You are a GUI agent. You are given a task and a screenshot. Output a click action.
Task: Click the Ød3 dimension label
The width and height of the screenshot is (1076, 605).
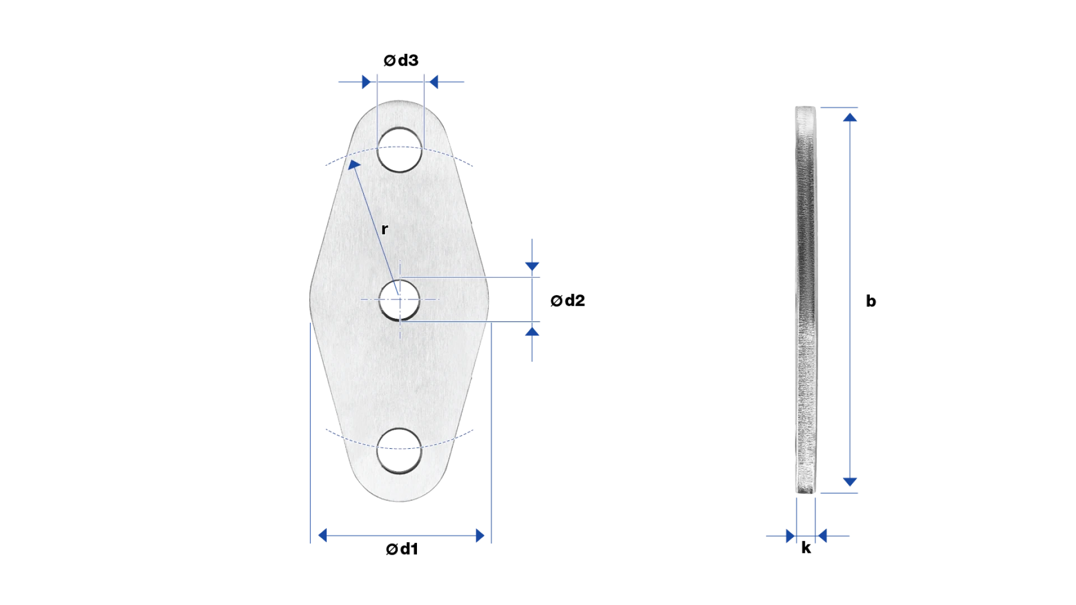click(401, 60)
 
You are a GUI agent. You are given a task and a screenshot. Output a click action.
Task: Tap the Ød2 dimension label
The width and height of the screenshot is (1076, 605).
click(568, 301)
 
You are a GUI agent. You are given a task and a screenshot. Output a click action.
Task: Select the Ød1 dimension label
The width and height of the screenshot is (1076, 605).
click(402, 549)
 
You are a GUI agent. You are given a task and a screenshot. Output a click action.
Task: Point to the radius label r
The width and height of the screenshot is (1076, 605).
click(384, 229)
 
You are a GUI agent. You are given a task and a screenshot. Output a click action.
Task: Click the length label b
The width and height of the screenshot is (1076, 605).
click(871, 301)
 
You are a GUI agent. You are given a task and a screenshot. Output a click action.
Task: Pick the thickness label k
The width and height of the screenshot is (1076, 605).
click(806, 547)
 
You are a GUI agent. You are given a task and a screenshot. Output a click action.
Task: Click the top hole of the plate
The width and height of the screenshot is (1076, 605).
click(400, 150)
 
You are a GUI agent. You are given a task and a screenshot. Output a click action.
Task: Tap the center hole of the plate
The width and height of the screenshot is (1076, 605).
click(399, 300)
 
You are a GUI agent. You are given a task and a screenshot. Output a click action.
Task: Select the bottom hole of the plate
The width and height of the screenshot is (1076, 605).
click(399, 451)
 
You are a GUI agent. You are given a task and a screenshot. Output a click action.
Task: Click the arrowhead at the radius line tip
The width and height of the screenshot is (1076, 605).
click(354, 165)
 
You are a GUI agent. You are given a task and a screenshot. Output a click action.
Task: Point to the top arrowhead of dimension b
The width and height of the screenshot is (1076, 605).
click(850, 117)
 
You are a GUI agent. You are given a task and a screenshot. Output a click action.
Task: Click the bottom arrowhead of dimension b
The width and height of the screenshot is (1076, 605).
click(850, 482)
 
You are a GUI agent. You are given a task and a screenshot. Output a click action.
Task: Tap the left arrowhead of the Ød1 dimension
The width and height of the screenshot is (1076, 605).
click(322, 536)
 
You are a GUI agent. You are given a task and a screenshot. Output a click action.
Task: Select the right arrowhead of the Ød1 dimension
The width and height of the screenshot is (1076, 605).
click(480, 536)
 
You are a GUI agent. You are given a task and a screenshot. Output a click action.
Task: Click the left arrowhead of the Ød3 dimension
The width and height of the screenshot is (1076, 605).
click(367, 82)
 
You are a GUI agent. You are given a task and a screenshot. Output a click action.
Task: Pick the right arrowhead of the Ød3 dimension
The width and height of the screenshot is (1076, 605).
click(433, 82)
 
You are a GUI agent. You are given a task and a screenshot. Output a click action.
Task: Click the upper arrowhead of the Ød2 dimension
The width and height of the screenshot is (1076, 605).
click(532, 267)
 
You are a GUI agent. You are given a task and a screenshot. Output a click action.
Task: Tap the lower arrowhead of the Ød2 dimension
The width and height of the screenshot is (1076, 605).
click(532, 332)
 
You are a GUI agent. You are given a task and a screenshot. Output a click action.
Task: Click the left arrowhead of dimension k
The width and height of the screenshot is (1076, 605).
click(791, 536)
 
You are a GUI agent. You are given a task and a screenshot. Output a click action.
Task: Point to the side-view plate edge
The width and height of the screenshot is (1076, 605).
click(806, 300)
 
